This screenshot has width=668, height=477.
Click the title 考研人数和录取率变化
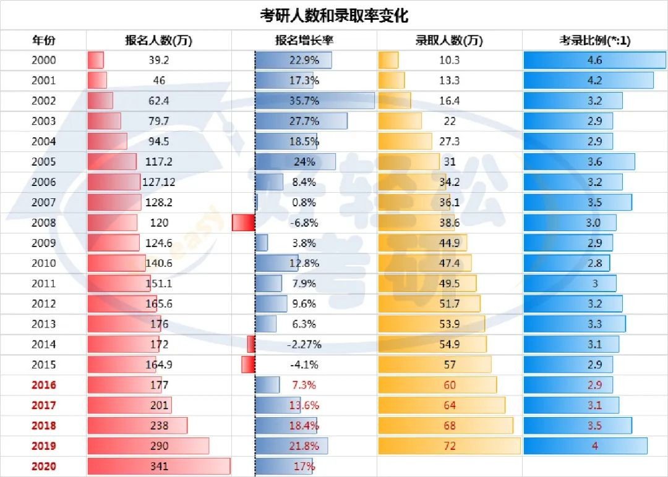point(333,15)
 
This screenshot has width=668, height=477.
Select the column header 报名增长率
point(304,41)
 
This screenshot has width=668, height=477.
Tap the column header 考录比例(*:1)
point(594,41)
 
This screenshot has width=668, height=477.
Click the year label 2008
point(43,222)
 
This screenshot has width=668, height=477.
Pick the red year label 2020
point(43,466)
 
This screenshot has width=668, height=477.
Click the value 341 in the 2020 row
point(159,466)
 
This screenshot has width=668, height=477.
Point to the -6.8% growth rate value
point(304,222)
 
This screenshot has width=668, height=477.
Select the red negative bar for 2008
point(243,222)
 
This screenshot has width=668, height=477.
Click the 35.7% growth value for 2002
point(304,101)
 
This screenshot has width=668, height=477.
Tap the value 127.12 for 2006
point(159,182)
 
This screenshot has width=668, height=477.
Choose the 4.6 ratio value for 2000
point(594,60)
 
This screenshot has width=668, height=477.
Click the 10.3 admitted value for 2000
point(450,60)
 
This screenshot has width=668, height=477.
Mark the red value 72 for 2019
point(450,446)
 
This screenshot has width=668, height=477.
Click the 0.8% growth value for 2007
point(304,202)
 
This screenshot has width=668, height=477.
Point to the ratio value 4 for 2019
point(594,446)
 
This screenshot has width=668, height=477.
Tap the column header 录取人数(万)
point(450,41)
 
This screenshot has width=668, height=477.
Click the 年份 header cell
point(43,41)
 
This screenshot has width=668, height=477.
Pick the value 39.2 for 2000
point(159,60)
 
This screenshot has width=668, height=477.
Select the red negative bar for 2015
point(247,365)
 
